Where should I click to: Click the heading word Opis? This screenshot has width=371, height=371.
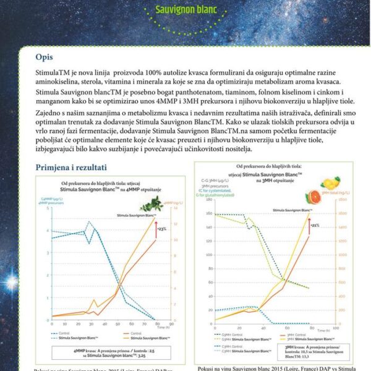click(x=44, y=58)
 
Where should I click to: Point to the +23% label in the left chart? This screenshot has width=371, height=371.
click(x=162, y=229)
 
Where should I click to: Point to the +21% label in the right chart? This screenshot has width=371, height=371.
click(x=315, y=226)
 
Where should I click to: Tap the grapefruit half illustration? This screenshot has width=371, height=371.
click(x=312, y=197)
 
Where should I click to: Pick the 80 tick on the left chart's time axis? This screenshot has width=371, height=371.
click(x=155, y=323)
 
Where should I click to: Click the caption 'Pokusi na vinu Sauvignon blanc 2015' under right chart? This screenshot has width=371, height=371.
click(x=272, y=367)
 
